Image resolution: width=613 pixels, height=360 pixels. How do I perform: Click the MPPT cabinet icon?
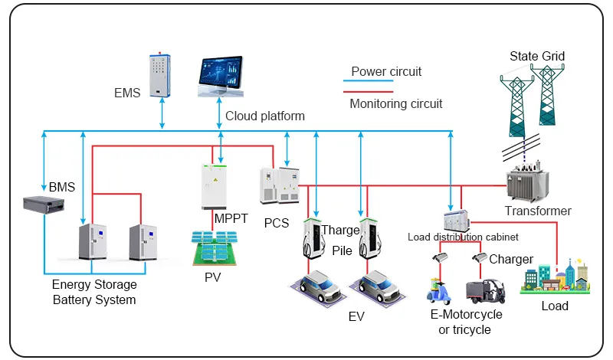coord(216,185)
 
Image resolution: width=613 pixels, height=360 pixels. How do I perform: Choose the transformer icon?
coord(527,184)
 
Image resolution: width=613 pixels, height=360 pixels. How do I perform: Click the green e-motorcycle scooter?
coord(439,290)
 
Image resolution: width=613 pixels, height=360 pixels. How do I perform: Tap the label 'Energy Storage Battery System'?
coord(94,292)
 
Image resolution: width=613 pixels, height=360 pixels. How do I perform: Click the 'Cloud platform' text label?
coord(265,116)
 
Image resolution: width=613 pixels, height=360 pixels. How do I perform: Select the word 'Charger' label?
coord(511,259)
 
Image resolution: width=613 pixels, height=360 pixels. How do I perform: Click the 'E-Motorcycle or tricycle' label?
coord(465,322)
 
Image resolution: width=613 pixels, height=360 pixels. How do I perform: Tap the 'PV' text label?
coord(212,277)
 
